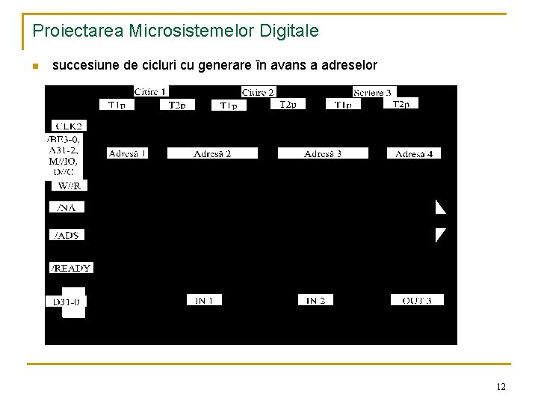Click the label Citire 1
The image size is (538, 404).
(x=150, y=91)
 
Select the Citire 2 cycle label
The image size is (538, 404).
(x=258, y=92)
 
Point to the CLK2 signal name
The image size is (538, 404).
(x=67, y=126)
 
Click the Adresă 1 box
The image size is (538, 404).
(x=127, y=153)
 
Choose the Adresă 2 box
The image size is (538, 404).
(x=212, y=153)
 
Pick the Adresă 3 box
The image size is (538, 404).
(x=323, y=153)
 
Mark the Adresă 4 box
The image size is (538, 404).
(x=413, y=153)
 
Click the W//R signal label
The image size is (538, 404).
(x=72, y=186)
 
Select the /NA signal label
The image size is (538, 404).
(x=67, y=206)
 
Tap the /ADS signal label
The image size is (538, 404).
(x=67, y=235)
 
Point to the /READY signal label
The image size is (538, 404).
(x=71, y=268)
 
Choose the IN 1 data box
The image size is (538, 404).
(x=204, y=300)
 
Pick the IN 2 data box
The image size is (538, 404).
(x=315, y=300)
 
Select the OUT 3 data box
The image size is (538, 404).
(x=417, y=300)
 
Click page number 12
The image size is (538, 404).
(x=501, y=387)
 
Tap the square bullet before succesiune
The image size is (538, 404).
(x=34, y=67)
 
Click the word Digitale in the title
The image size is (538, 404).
(x=288, y=31)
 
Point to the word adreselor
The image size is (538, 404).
(x=350, y=66)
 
